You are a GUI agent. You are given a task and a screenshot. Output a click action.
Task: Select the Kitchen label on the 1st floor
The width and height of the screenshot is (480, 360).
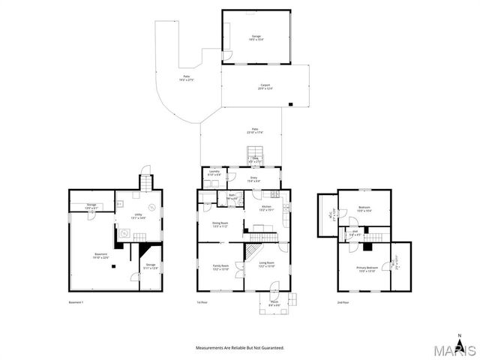point(265,207)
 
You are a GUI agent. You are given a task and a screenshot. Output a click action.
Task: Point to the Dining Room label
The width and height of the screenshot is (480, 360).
point(220,223)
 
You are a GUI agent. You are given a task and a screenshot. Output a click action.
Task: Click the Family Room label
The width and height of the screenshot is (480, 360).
point(220,267)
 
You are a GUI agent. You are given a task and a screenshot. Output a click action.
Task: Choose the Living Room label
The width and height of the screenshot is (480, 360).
point(266,264)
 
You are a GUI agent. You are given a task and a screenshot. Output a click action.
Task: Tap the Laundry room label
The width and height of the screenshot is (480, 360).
point(214,172)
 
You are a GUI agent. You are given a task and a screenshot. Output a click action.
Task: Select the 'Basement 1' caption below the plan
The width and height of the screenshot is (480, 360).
point(76,302)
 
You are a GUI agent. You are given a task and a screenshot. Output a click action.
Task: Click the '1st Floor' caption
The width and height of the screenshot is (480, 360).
point(202,302)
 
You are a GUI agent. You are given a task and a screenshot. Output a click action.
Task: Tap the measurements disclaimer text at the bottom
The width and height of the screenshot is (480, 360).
point(240,348)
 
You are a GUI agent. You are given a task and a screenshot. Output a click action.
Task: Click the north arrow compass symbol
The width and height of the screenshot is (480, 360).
point(459,337)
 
